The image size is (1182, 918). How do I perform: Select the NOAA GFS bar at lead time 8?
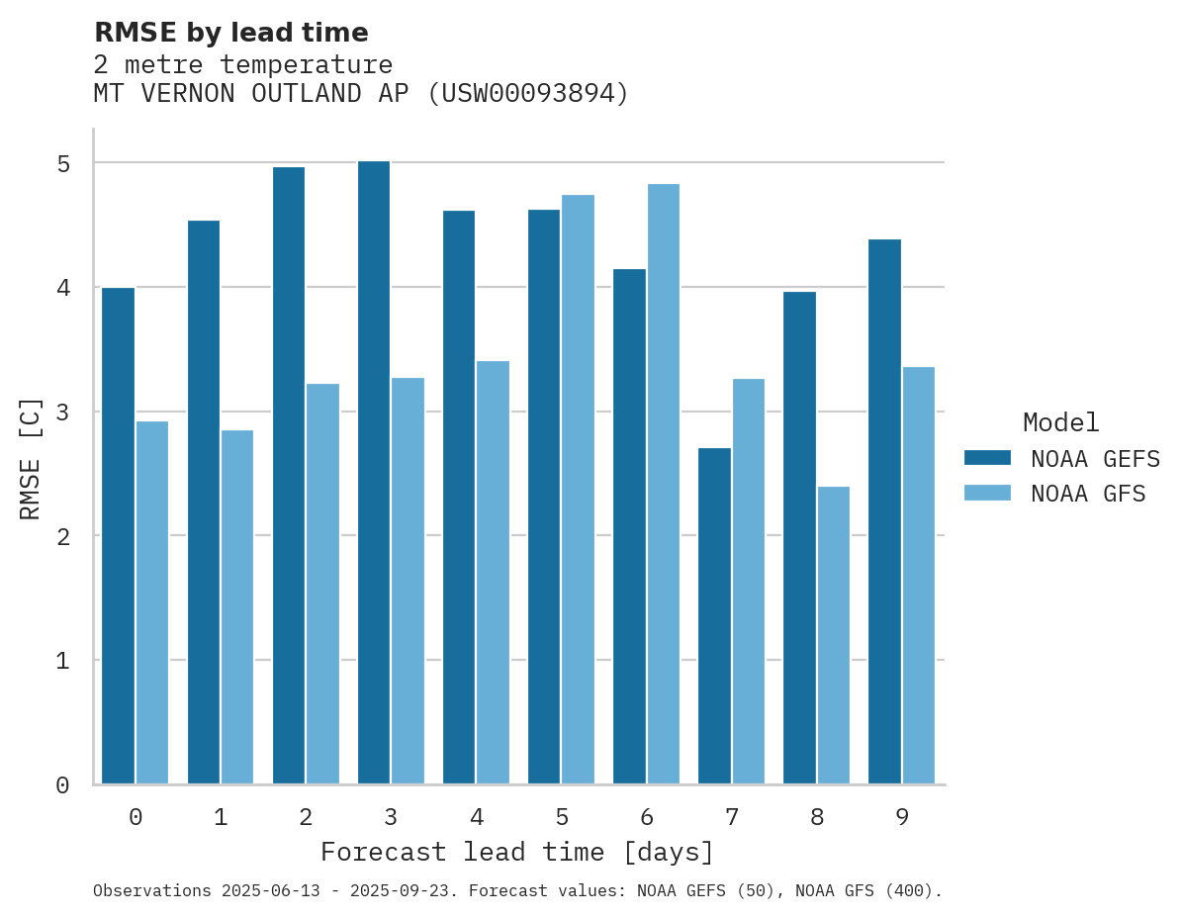[x=833, y=635]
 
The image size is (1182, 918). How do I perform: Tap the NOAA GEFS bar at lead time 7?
[x=714, y=616]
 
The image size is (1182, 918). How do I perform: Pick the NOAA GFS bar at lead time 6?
[x=663, y=484]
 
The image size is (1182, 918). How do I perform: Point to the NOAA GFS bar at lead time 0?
[x=152, y=602]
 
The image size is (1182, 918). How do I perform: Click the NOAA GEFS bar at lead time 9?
[x=884, y=511]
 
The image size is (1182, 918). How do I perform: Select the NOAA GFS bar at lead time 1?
[x=237, y=606]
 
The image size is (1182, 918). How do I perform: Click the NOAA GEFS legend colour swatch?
[x=987, y=458]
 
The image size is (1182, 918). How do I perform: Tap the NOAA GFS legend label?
[x=1088, y=494]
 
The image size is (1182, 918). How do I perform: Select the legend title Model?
[x=1060, y=422]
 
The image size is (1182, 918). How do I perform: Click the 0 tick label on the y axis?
[x=62, y=785]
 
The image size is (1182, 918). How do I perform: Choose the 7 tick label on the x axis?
[x=732, y=817]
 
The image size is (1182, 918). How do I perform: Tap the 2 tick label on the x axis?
[x=306, y=817]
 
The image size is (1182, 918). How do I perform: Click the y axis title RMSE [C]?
[x=32, y=458]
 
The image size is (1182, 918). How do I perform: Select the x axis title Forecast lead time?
[x=517, y=852]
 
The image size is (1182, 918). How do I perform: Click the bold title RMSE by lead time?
[x=230, y=33]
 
